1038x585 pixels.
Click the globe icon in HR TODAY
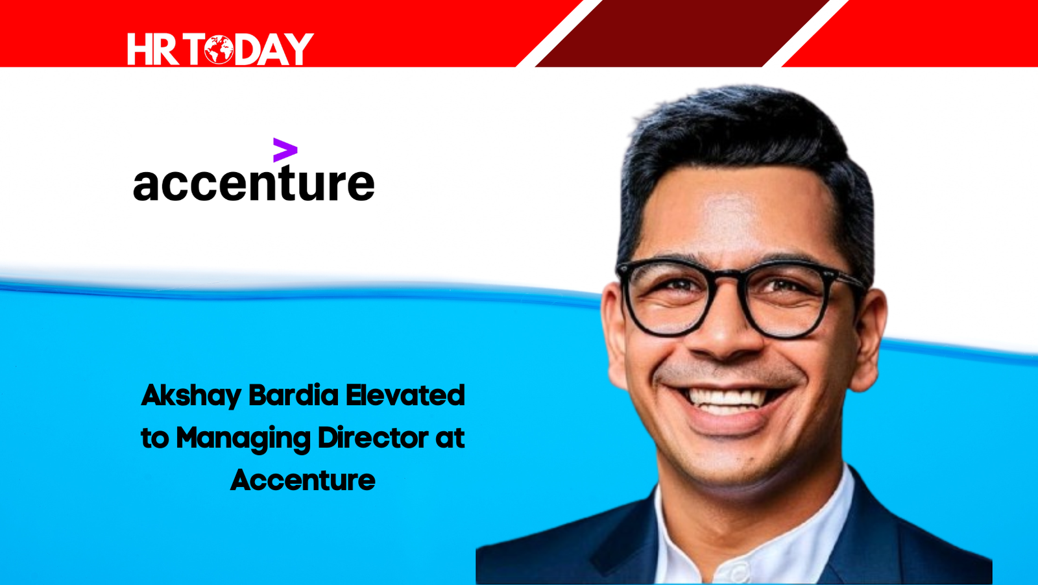coord(219,49)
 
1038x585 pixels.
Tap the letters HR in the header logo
coord(153,49)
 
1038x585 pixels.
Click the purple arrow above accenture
coord(285,150)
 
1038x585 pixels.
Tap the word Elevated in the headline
coord(405,395)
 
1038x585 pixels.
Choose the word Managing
coord(243,438)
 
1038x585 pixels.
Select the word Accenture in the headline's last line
coord(302,480)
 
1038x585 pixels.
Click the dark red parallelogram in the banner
coord(681,33)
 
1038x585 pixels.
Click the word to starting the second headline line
coord(155,438)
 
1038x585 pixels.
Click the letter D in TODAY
coord(248,49)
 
